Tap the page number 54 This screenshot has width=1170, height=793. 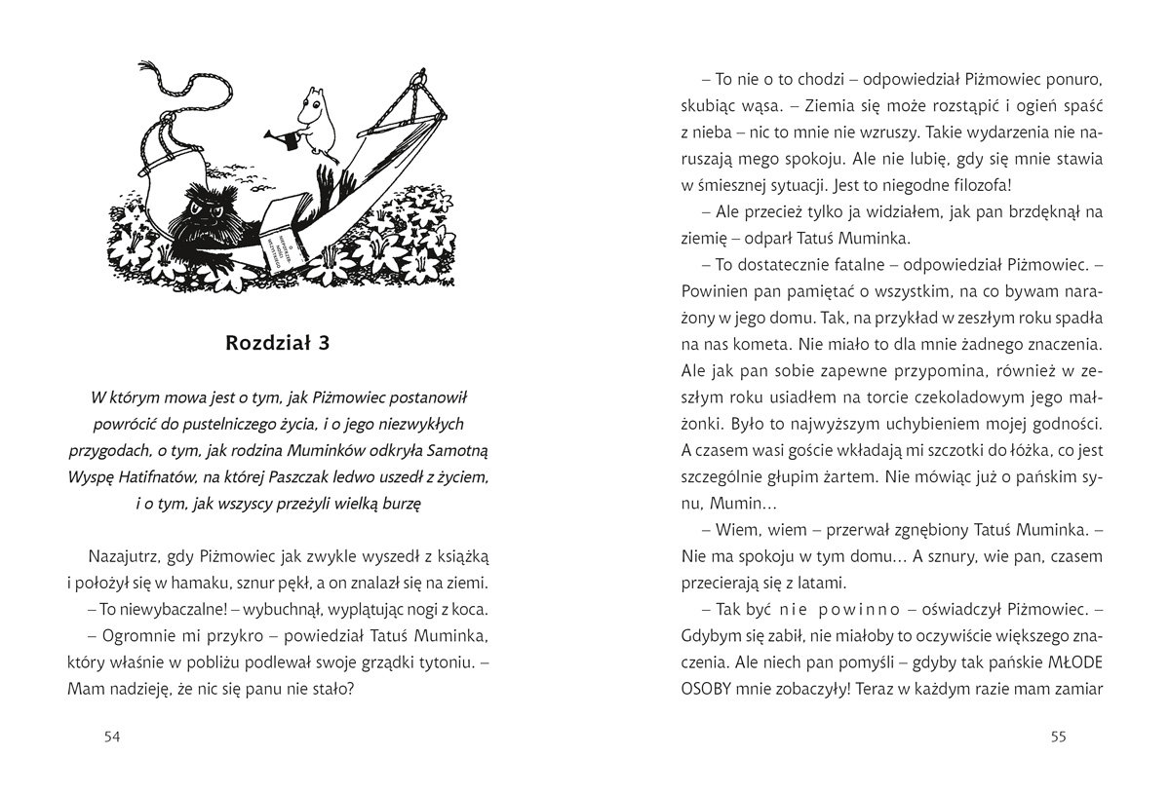110,737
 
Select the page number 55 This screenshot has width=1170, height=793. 1058,737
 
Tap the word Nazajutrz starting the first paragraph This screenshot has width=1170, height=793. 122,556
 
